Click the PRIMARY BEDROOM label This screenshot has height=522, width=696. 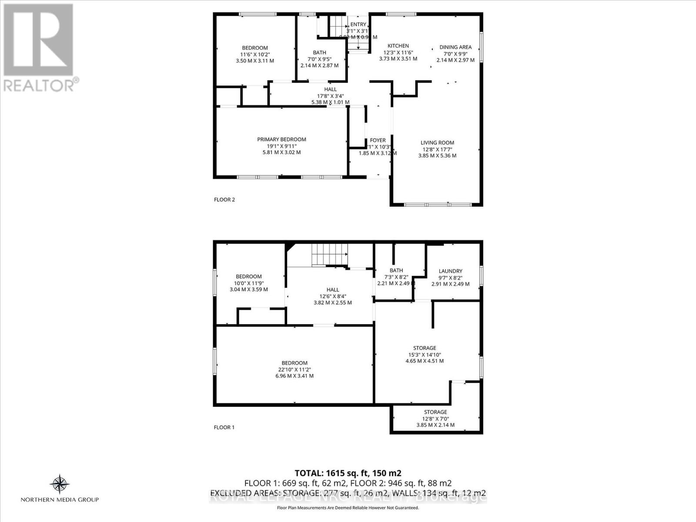click(x=281, y=139)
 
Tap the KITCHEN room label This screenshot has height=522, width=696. click(x=398, y=46)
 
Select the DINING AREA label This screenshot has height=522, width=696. click(x=455, y=47)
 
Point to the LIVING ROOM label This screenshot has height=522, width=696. click(x=437, y=142)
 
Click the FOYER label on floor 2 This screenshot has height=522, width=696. click(x=378, y=140)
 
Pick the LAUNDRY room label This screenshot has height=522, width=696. click(x=450, y=271)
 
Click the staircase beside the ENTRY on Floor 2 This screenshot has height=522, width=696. click(x=337, y=27)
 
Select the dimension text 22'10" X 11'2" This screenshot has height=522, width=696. click(x=294, y=369)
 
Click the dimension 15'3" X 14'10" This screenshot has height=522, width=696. click(x=425, y=354)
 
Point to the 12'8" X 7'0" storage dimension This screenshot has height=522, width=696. click(x=435, y=418)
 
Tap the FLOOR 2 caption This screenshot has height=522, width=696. click(x=224, y=200)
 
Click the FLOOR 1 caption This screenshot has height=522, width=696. click(x=224, y=427)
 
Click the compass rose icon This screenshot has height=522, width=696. click(x=60, y=484)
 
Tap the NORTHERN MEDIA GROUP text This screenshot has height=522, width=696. click(x=60, y=500)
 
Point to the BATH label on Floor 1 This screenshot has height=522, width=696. click(x=396, y=270)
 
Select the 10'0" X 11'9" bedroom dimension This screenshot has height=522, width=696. click(x=249, y=283)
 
